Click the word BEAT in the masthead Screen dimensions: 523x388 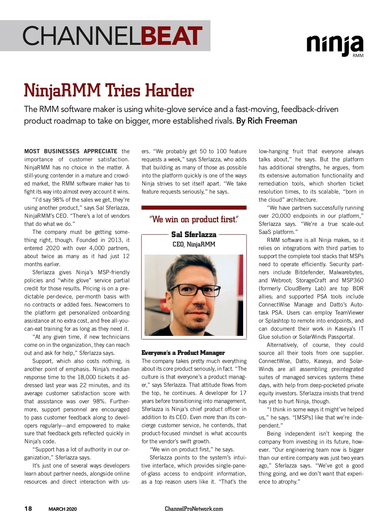tap(172, 36)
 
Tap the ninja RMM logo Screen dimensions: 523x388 tap(335, 45)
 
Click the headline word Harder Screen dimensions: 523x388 tap(169, 91)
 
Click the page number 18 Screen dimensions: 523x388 tap(28, 508)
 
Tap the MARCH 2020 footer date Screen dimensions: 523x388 tap(63, 509)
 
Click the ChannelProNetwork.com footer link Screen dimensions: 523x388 tap(194, 509)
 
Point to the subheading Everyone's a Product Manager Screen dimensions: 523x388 tap(183, 353)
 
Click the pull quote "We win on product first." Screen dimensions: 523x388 tap(194, 219)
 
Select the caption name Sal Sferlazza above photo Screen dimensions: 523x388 tap(194, 235)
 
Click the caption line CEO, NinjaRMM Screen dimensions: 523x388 tap(194, 244)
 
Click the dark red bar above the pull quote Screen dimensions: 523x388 tap(194, 208)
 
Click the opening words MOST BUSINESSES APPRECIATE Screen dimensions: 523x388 tap(71, 151)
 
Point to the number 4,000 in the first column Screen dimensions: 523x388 tap(97, 248)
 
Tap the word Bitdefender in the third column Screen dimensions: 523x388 tap(309, 272)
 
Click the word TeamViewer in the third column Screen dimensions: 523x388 tap(349, 313)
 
